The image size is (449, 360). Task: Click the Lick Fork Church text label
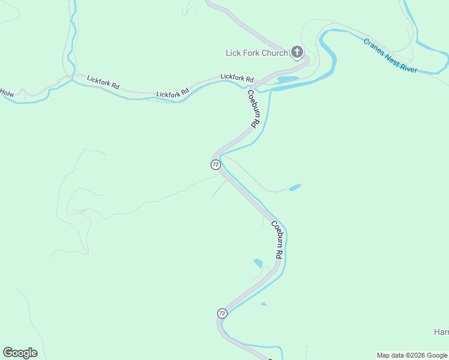tap(256, 53)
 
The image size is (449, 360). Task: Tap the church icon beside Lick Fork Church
tap(297, 52)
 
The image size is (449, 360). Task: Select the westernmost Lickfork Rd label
tap(103, 82)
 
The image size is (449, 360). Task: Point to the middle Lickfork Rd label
tap(172, 93)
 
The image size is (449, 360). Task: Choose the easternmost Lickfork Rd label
tap(237, 77)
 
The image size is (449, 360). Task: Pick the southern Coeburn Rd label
tap(276, 240)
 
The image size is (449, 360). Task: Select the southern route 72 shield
tap(222, 313)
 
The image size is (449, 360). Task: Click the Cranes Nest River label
tap(390, 56)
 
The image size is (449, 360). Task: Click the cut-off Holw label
tap(7, 93)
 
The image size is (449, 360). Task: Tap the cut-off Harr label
tap(441, 332)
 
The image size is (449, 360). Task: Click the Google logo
tap(20, 353)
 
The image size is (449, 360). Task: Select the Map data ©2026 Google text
tap(412, 355)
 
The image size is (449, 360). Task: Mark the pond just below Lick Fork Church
tap(287, 79)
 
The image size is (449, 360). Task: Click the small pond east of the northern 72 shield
tap(295, 188)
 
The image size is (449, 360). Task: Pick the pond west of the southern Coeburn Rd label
tap(258, 263)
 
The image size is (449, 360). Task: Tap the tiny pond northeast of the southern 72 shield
tap(264, 304)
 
